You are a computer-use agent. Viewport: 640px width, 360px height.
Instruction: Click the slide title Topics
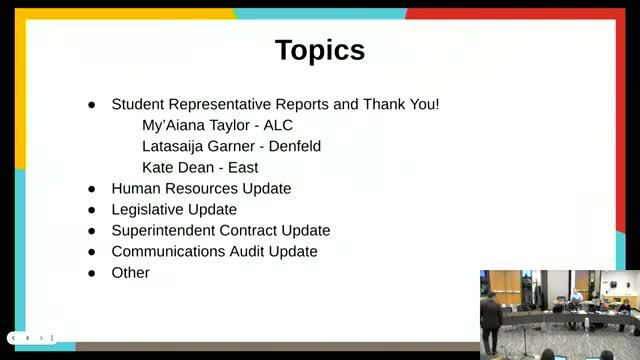[x=320, y=50]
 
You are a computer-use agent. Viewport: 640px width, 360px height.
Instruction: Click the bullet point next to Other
[x=92, y=273]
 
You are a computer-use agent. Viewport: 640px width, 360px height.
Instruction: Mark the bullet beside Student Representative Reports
[x=92, y=104]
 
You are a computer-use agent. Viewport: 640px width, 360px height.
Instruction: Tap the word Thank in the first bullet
[x=383, y=104]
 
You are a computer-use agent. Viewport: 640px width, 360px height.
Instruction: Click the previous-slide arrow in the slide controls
[x=28, y=338]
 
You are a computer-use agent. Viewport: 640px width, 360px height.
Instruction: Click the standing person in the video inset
[x=491, y=318]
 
